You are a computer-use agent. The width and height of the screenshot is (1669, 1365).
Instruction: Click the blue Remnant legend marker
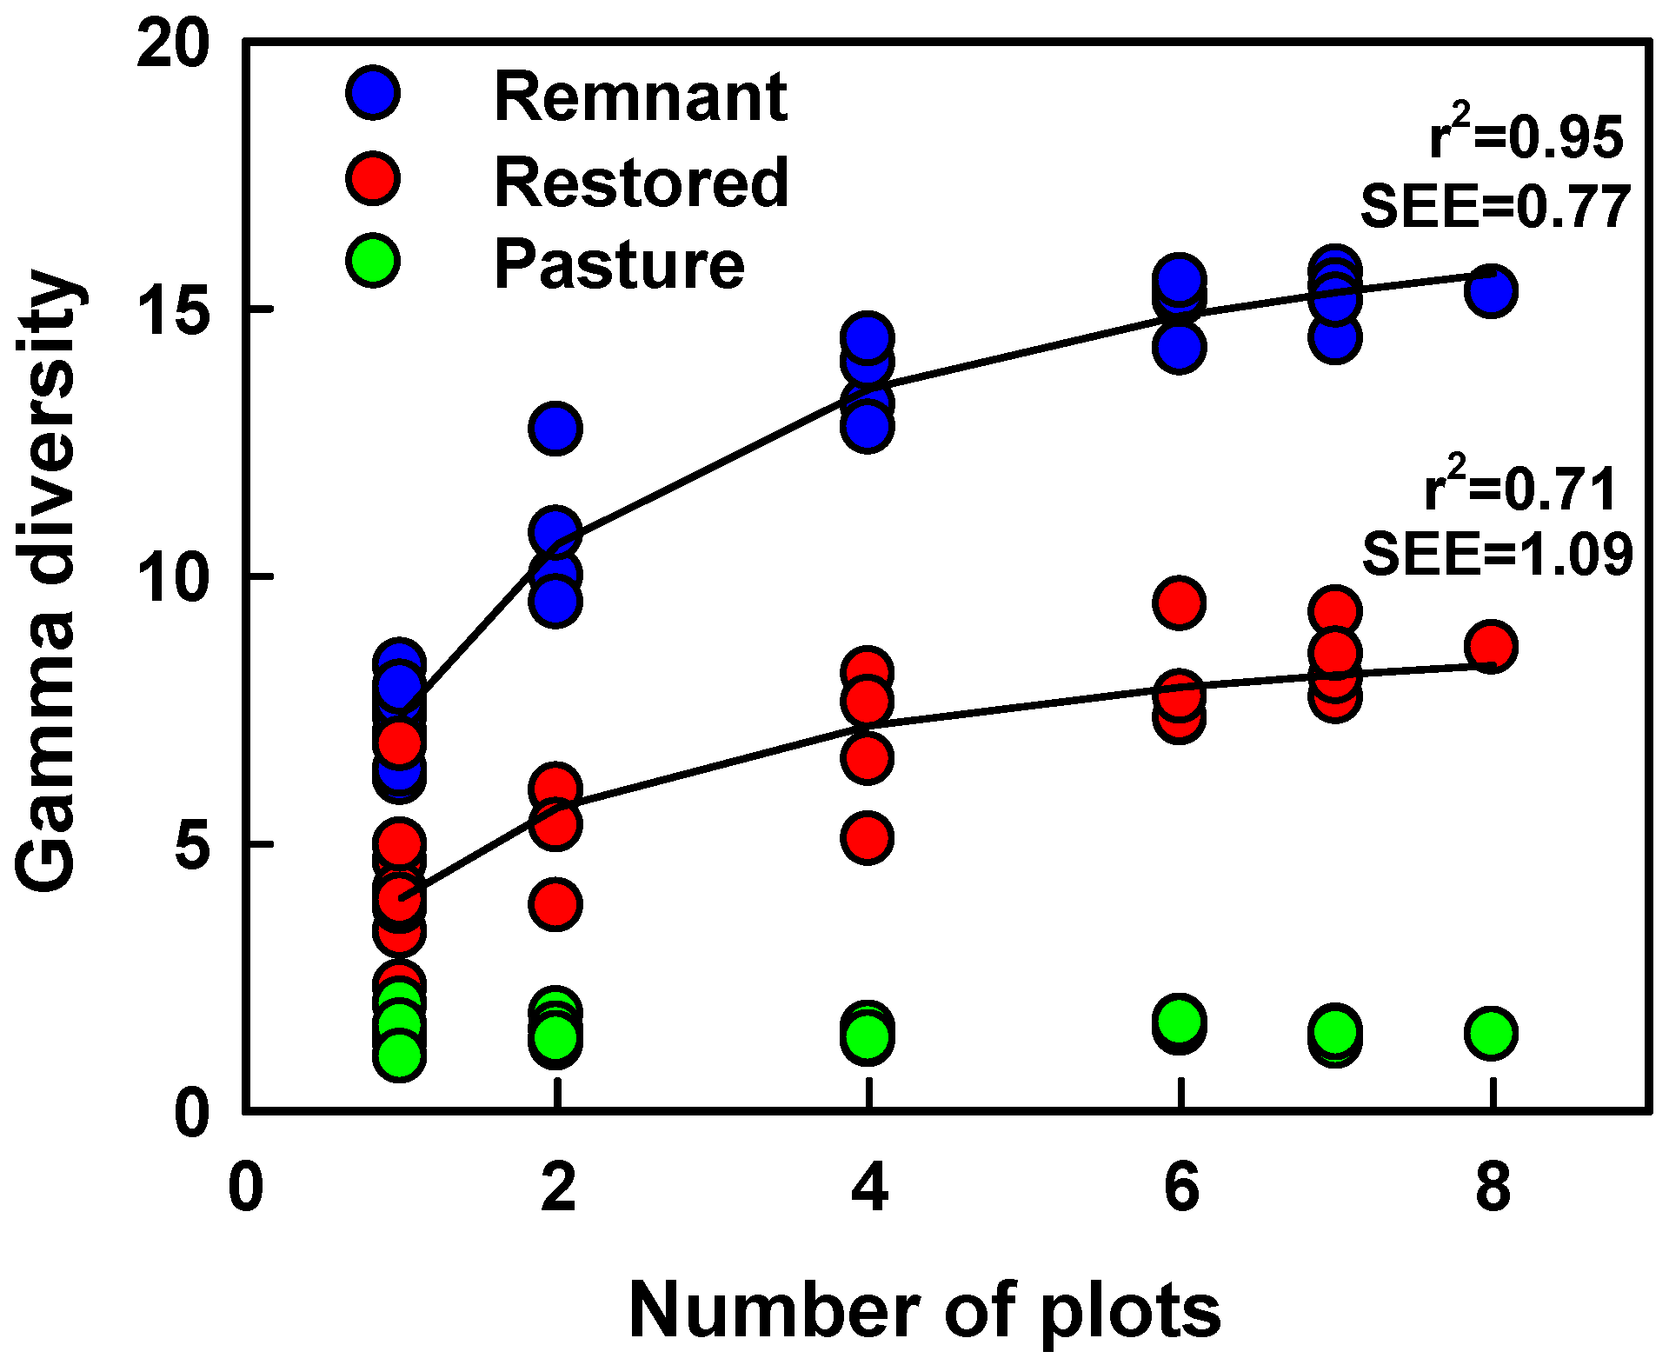click(x=373, y=92)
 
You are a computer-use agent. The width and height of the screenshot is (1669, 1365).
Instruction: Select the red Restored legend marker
click(x=373, y=178)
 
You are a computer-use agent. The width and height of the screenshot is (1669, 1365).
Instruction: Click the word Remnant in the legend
click(x=641, y=97)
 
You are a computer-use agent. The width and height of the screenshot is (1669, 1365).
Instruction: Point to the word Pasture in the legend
click(x=619, y=264)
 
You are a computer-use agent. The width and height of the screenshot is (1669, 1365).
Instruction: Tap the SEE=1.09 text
click(x=1497, y=554)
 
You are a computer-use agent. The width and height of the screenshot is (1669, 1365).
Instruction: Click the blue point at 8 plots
click(x=1491, y=291)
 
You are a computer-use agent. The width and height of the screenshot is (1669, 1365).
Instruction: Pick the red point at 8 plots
click(x=1491, y=646)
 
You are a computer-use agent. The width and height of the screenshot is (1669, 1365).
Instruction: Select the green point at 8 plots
click(x=1491, y=1033)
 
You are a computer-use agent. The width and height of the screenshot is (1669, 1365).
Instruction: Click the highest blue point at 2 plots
click(x=555, y=428)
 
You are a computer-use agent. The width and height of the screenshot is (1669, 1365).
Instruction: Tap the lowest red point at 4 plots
click(x=867, y=838)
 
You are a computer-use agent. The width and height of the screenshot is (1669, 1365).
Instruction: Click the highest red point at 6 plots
click(x=1179, y=603)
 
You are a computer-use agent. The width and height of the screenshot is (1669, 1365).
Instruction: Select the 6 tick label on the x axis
click(x=1180, y=1189)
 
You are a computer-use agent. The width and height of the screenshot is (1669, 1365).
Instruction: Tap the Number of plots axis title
click(x=924, y=1311)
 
